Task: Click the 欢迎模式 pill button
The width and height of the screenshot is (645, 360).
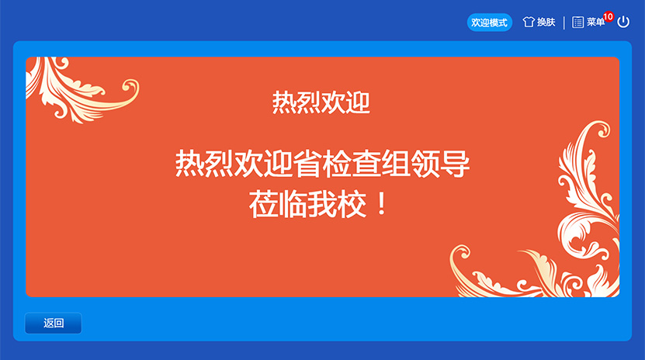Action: click(x=489, y=22)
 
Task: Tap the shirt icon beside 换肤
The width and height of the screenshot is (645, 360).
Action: click(x=529, y=22)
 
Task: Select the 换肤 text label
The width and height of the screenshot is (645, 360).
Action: click(x=546, y=22)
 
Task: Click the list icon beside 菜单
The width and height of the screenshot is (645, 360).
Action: click(x=578, y=22)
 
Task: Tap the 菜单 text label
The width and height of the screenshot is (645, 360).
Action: click(x=595, y=22)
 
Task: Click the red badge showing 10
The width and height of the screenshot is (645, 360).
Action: click(x=608, y=17)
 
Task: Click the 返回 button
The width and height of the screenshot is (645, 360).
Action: click(x=54, y=323)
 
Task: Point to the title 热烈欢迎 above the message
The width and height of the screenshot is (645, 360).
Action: click(x=321, y=102)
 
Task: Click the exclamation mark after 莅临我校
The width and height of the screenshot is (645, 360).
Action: click(x=382, y=204)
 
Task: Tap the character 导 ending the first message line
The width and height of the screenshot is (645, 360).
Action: click(x=455, y=163)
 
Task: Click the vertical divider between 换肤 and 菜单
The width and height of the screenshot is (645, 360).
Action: click(x=564, y=22)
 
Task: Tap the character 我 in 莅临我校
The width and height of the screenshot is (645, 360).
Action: click(x=322, y=204)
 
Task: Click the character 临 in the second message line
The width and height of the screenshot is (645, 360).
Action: click(x=293, y=204)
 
